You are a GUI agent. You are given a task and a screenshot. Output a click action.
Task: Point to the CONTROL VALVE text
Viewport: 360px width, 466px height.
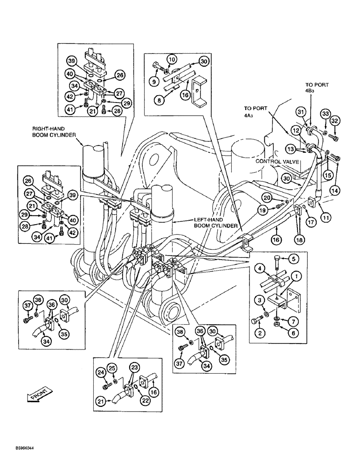(277, 161)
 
